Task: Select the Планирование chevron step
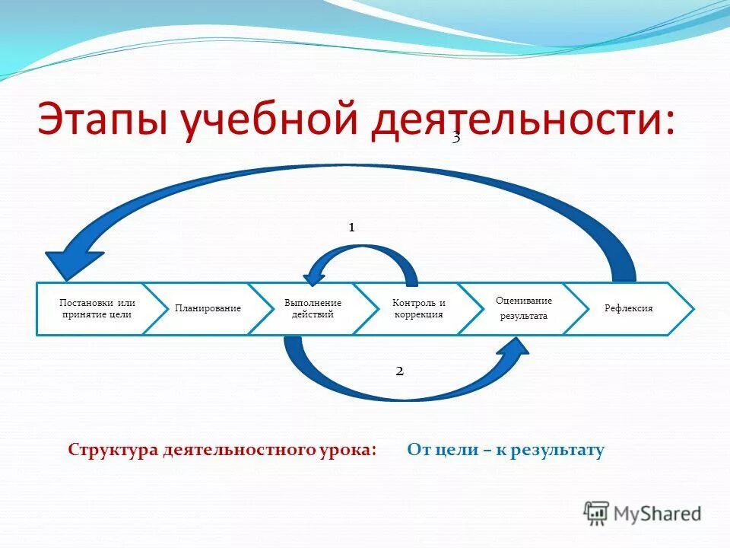pos(208,308)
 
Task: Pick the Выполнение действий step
pos(313,308)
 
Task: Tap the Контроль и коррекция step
pos(418,308)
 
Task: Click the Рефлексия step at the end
pos(628,308)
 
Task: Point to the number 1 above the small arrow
pos(352,227)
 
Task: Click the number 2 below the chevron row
pos(399,371)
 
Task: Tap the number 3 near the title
pos(456,138)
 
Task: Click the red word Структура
pos(113,450)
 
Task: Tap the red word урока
pos(350,450)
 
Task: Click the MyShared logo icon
pos(596,513)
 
